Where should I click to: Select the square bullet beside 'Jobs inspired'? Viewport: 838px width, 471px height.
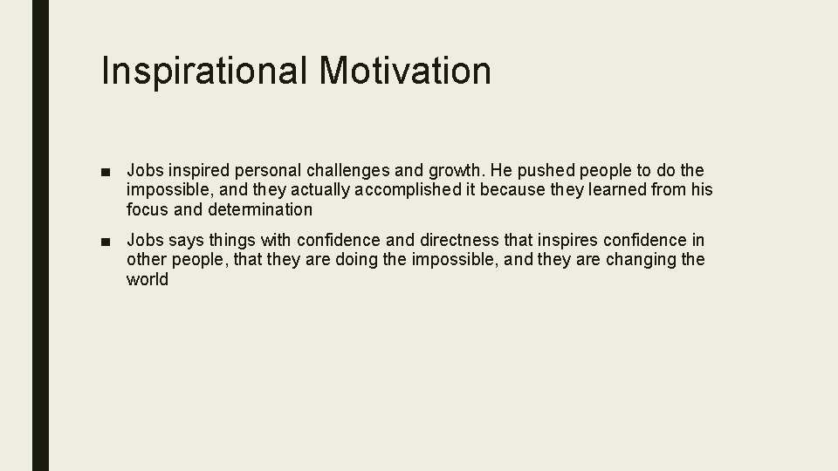105,169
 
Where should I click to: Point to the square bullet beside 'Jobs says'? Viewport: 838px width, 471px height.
105,240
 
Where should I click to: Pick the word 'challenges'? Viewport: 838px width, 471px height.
343,169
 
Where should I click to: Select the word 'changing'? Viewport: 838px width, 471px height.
640,260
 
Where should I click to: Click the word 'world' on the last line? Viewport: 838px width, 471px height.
148,280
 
